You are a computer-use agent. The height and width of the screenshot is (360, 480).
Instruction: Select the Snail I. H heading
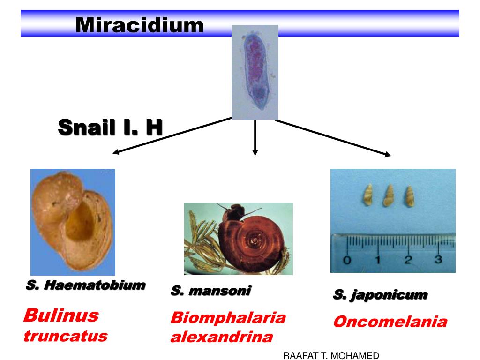tap(110, 127)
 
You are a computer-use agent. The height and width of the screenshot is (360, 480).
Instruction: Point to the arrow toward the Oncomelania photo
tap(333, 137)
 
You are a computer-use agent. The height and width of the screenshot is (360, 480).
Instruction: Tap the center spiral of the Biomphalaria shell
tap(255, 240)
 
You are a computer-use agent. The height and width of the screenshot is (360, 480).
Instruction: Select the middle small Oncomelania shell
tap(388, 195)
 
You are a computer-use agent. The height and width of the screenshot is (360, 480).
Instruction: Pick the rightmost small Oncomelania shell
tap(409, 195)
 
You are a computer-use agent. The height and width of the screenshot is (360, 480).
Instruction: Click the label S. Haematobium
tap(85, 285)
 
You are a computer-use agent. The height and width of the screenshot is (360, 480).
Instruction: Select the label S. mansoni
tap(210, 291)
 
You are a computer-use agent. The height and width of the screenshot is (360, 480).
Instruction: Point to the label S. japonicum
tap(380, 295)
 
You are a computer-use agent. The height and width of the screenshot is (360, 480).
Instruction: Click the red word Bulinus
tap(61, 315)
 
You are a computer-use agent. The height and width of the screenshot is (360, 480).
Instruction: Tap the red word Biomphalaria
tap(228, 318)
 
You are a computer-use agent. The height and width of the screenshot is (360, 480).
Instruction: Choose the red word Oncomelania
tap(390, 322)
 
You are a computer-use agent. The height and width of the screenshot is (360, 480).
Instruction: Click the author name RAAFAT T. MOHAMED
tap(331, 356)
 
